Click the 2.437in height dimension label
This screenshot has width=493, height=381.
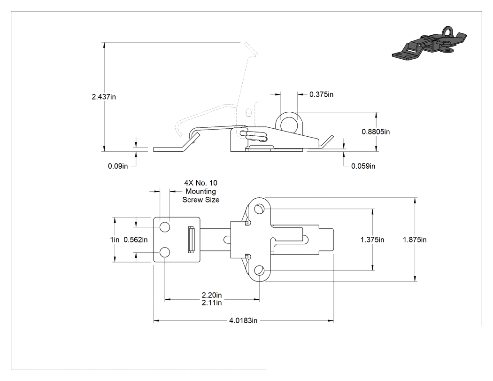pos(104,97)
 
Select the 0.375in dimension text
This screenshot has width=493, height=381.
pos(321,94)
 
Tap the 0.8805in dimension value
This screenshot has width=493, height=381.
pos(376,132)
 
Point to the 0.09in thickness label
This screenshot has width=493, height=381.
pos(118,166)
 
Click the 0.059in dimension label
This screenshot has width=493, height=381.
pos(363,166)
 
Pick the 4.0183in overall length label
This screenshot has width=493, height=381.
pos(243,320)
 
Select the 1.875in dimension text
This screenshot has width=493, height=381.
pos(415,240)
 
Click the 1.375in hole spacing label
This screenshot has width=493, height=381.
pos(372,240)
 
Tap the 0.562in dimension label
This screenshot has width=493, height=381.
pos(136,240)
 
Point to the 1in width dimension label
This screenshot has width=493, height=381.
pos(115,240)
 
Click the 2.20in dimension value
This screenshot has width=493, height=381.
pos(212,295)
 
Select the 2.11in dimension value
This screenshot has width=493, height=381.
pos(212,303)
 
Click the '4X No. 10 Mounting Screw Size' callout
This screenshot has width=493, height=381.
pos(201,191)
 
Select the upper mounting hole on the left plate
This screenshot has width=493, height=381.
pos(165,227)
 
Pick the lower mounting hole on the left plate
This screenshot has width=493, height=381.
pos(165,252)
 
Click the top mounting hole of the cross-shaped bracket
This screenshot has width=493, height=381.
pos(259,209)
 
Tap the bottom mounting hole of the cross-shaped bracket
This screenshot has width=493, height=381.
pos(259,270)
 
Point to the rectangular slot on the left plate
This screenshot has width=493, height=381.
pos(191,240)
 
